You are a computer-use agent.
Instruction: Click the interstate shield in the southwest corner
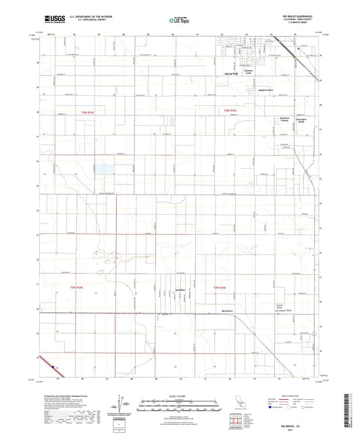[51, 365]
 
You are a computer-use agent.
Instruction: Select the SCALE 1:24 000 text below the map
[180, 395]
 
